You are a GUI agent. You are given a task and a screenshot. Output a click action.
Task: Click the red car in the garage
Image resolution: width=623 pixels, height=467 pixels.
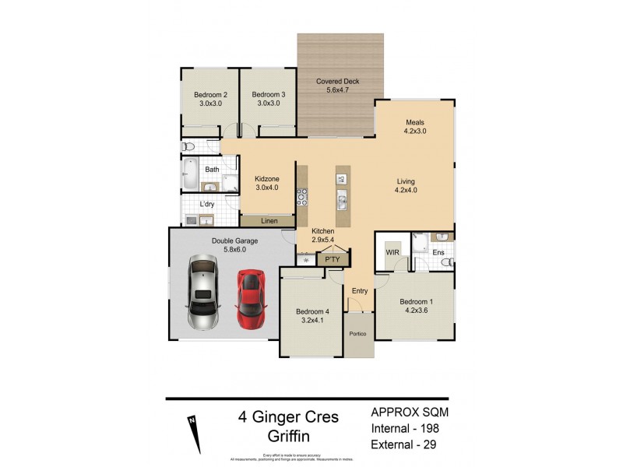[x=252, y=298]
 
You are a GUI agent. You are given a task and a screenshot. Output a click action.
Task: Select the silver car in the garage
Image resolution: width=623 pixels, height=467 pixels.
[x=203, y=293]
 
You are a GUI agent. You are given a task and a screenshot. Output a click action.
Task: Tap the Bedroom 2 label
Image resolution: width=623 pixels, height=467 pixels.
[x=210, y=95]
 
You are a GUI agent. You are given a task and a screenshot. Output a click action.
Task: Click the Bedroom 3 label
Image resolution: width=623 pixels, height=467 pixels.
[x=268, y=95]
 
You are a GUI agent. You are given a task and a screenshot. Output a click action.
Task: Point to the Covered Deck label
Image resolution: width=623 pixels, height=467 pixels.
[x=339, y=81]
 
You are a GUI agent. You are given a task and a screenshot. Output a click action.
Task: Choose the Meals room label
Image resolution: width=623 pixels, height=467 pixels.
[x=414, y=122]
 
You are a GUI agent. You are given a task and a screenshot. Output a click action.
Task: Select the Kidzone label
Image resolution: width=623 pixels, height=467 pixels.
[x=267, y=178]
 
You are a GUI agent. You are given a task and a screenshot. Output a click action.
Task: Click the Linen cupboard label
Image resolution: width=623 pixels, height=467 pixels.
[x=269, y=222]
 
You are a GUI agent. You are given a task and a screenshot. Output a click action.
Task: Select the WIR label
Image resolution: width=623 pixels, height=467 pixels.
[x=392, y=252]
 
